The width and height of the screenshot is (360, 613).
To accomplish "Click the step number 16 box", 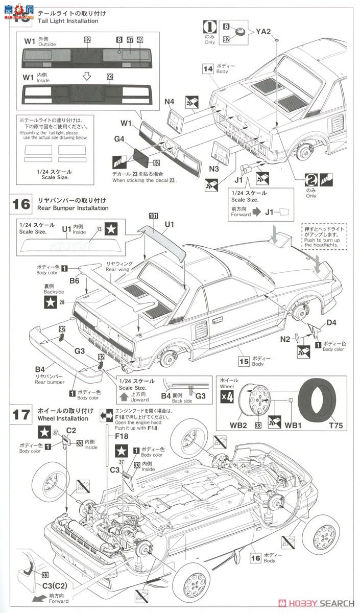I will pos(21,203).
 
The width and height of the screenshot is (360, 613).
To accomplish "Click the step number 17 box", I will pos(21,414).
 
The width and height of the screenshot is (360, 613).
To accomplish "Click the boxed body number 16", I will pos(255,558).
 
